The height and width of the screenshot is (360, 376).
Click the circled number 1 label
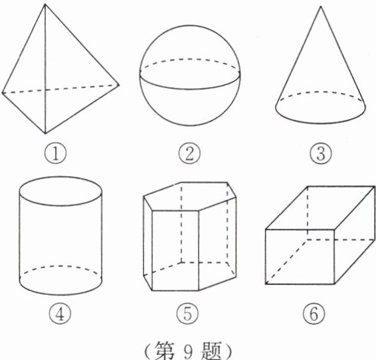pos(55,153)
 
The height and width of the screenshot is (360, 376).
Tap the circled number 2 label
pos(189,153)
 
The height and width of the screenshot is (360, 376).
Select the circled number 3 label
pos(321,153)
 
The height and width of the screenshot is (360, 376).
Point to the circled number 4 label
pos(60,314)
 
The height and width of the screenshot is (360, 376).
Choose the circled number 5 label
pos(188,314)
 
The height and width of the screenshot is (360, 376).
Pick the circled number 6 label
pos(314,314)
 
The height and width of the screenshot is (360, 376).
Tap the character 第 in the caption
pos(165,351)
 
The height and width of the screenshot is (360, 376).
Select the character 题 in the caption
pos(211,351)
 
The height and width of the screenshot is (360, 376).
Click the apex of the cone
pos(321,7)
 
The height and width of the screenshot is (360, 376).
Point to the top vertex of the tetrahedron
pos(45,4)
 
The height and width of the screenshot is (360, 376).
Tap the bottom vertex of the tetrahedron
pos(45,134)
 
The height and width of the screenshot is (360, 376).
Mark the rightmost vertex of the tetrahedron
pos(119,84)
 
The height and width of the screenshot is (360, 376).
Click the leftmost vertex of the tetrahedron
pos(2,92)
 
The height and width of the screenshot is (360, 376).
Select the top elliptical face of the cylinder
pos(60,191)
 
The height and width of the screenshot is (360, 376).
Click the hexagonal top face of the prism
pos(189,197)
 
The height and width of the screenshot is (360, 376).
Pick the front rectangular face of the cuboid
pos(300,256)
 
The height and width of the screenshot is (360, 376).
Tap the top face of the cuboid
pos(320,208)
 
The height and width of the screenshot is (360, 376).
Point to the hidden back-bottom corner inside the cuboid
pos(307,239)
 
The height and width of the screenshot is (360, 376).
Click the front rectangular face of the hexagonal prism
pos(175,250)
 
